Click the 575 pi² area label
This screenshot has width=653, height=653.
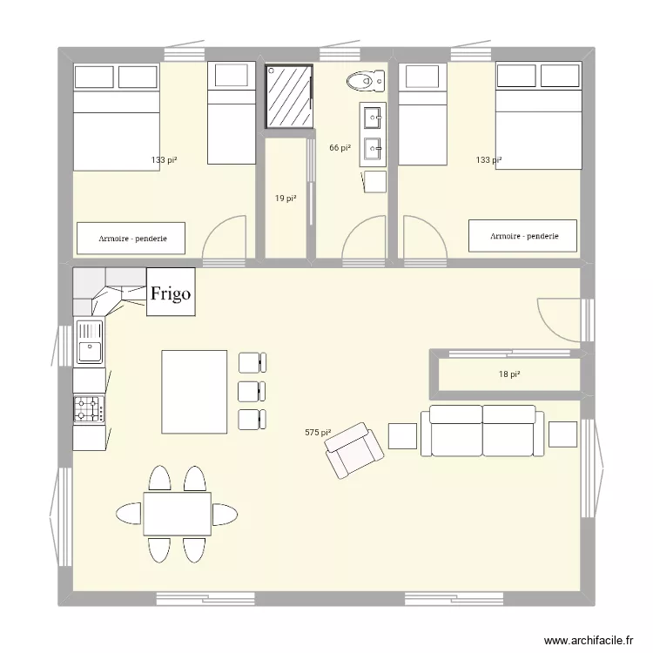point(318,433)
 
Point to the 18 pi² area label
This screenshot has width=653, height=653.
point(509,374)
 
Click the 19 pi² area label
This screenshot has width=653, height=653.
point(286,199)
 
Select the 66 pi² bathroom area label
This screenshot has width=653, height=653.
point(340,148)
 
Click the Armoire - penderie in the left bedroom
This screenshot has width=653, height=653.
point(133,238)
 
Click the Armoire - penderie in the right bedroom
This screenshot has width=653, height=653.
point(523,236)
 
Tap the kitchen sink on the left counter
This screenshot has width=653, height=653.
point(89,342)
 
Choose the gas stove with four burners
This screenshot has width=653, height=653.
point(89,408)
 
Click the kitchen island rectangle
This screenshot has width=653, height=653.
point(193,391)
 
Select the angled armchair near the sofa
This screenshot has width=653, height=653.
point(353,450)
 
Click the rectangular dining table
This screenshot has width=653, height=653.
point(177,514)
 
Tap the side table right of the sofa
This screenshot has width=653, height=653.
point(562,434)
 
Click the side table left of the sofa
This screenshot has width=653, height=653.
point(402,434)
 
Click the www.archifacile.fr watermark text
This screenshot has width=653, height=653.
point(589,641)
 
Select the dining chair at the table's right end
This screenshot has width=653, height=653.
point(226,514)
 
